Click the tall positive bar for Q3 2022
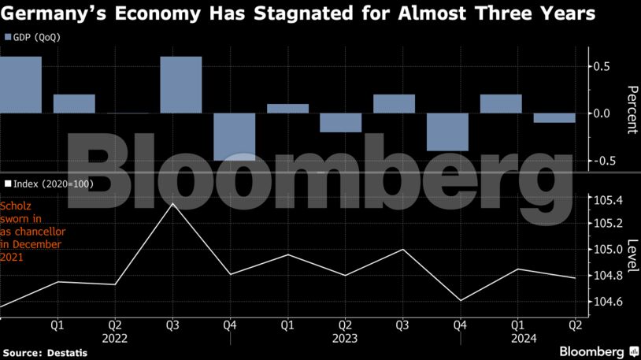point(180,84)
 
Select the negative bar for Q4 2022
point(234,136)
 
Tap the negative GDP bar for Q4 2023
point(447,132)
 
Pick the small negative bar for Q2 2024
point(554,118)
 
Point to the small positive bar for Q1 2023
point(287,109)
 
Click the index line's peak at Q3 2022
point(172,203)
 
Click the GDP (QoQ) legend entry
point(32,37)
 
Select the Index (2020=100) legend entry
point(48,183)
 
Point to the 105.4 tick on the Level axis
point(609,200)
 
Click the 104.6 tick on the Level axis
point(609,302)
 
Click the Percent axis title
point(631,109)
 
